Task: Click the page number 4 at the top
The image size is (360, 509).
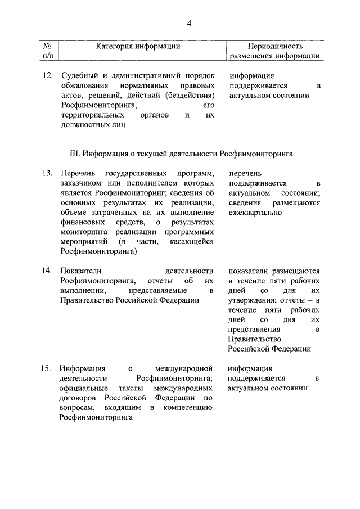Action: (190, 23)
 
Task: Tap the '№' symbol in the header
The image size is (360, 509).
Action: (48, 46)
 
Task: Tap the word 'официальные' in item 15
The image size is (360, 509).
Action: (82, 388)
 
